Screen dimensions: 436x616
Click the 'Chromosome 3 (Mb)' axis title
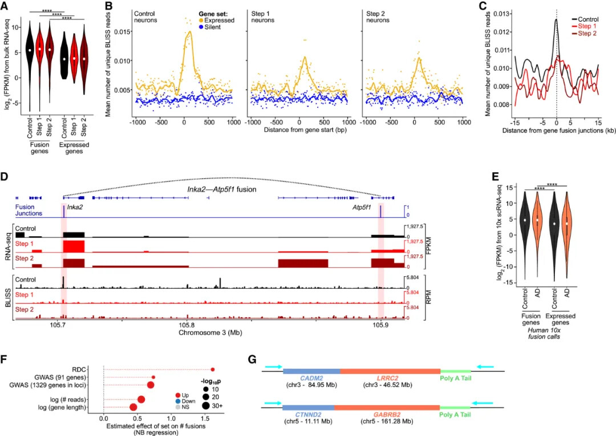[x=211, y=332]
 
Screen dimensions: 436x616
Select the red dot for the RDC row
[x=213, y=369]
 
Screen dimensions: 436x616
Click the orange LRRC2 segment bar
[x=390, y=371]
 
